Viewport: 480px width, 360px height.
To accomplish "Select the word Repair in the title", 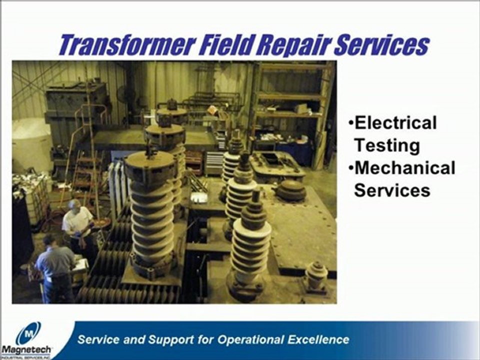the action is (293, 46).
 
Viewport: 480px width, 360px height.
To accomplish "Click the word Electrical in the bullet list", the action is (395, 122).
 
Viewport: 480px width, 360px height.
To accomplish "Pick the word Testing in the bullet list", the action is (387, 145).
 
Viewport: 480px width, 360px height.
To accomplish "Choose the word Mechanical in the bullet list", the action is (404, 168).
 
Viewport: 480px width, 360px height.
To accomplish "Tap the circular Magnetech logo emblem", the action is (28, 333).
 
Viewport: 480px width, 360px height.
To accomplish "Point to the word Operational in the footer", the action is (251, 340).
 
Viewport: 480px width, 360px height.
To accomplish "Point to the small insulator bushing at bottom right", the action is (316, 277).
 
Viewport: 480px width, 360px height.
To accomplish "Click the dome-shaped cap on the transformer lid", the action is (291, 190).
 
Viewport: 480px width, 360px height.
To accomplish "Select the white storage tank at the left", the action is (30, 144).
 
